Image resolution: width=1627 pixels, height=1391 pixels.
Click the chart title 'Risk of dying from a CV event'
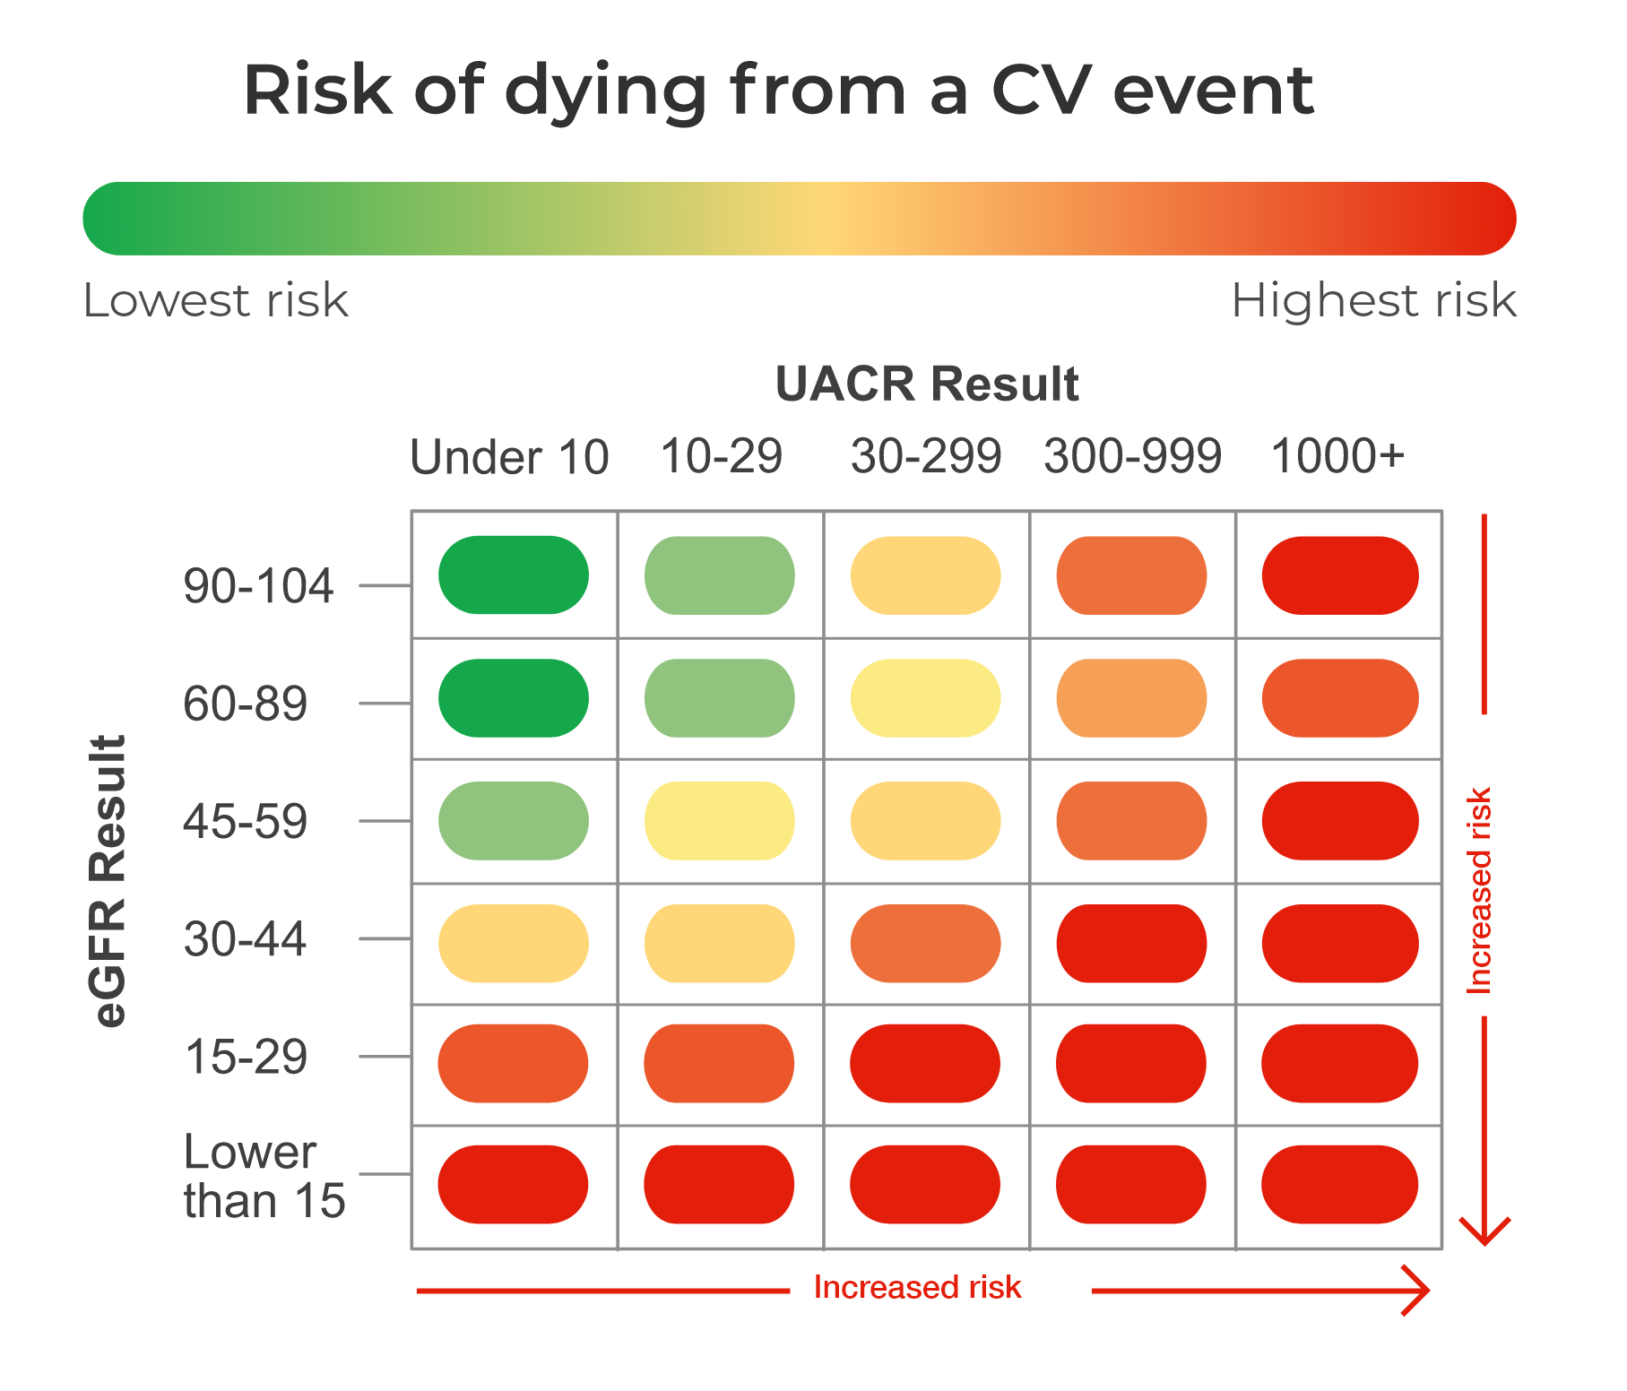pyautogui.click(x=778, y=91)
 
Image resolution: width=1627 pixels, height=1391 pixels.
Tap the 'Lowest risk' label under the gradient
pyautogui.click(x=215, y=300)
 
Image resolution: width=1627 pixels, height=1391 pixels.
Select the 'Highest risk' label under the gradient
pyautogui.click(x=1373, y=300)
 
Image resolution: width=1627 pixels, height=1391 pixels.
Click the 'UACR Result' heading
pyautogui.click(x=926, y=384)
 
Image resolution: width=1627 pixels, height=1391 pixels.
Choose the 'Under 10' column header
pyautogui.click(x=509, y=457)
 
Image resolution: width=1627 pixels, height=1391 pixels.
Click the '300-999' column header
pyautogui.click(x=1132, y=456)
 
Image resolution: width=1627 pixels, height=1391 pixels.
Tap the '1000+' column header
pyautogui.click(x=1337, y=456)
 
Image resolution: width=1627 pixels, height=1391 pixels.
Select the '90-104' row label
pyautogui.click(x=258, y=586)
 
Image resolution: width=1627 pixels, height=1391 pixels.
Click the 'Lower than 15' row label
pyautogui.click(x=264, y=1176)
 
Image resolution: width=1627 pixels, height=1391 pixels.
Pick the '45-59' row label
pyautogui.click(x=245, y=821)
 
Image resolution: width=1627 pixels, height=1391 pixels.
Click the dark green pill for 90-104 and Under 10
pyautogui.click(x=514, y=575)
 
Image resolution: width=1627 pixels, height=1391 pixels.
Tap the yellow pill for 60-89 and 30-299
pyautogui.click(x=925, y=698)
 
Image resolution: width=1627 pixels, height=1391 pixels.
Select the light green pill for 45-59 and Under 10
pyautogui.click(x=514, y=821)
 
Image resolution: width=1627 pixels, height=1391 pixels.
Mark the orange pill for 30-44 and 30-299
pyautogui.click(x=925, y=944)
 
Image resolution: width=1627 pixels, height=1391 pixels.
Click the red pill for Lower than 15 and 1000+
pyautogui.click(x=1339, y=1184)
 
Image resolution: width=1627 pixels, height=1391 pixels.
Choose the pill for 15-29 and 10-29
pyautogui.click(x=719, y=1063)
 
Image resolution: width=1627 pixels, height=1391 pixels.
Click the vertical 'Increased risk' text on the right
pyautogui.click(x=1478, y=891)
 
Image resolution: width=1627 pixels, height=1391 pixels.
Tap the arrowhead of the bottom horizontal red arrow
pyautogui.click(x=1420, y=1291)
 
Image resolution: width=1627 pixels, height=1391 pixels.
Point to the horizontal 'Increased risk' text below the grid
pyautogui.click(x=917, y=1287)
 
